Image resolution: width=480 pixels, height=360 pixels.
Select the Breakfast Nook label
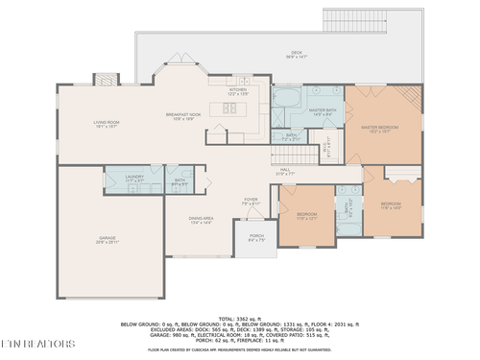182,116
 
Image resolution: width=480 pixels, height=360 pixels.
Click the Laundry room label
134,179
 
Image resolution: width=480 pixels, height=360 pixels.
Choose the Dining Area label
202,220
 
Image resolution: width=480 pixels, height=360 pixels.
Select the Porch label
256,237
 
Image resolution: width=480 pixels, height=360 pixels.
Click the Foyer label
250,201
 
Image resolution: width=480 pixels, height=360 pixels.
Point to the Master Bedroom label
380,129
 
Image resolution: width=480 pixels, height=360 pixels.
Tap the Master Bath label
322,112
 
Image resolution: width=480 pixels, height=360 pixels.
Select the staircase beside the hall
304,155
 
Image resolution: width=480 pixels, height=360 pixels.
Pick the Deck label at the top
297,55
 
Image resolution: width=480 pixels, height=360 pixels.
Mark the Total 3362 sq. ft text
239,318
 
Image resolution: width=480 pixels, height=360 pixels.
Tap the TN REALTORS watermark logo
38,343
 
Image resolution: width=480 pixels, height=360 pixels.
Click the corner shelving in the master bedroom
411,96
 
